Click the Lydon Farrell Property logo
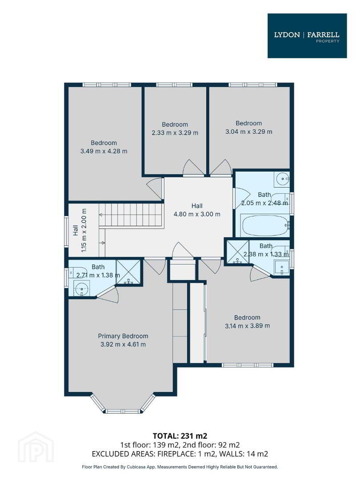(x=307, y=36)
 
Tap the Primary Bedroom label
(x=123, y=336)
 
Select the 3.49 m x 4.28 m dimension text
(x=104, y=151)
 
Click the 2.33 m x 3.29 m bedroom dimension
(x=175, y=133)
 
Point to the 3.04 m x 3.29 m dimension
(x=249, y=132)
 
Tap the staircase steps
(x=130, y=215)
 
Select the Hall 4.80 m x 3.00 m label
(x=197, y=210)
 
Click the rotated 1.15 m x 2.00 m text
(x=84, y=230)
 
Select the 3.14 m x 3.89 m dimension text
(x=248, y=326)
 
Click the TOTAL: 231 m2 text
(x=180, y=436)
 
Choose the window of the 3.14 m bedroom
(x=248, y=365)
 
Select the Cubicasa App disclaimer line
(x=180, y=467)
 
